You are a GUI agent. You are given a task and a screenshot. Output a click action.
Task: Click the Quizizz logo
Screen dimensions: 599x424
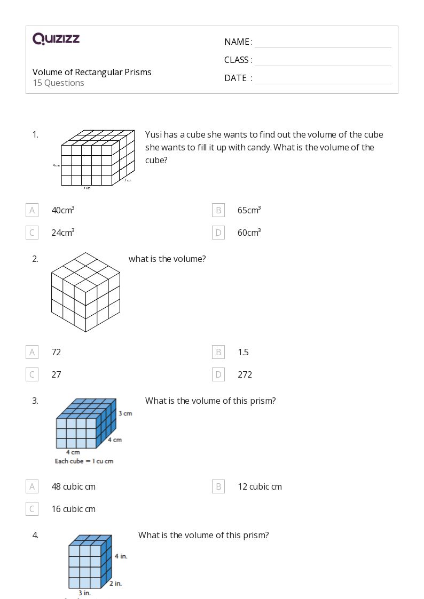[x=56, y=38]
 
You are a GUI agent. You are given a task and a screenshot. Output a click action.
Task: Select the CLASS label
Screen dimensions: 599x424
[x=238, y=60]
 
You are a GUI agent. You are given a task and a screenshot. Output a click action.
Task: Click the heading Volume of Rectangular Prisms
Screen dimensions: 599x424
[x=92, y=72]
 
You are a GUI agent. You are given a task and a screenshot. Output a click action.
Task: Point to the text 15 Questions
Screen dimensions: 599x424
[x=58, y=83]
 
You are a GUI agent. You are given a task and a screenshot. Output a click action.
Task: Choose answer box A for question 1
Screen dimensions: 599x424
[x=32, y=210]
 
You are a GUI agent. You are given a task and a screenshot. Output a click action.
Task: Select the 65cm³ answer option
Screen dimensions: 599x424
[x=249, y=210]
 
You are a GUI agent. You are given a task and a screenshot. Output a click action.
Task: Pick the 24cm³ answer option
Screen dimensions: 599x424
[x=63, y=233]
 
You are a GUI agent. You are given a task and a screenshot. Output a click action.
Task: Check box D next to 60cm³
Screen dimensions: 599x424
[x=218, y=233]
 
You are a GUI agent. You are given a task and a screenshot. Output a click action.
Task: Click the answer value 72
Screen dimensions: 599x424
[x=56, y=352]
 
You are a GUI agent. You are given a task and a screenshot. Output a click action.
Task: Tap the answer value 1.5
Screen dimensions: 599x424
[x=243, y=352]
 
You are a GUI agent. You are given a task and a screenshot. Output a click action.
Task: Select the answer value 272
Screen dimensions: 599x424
[x=245, y=374]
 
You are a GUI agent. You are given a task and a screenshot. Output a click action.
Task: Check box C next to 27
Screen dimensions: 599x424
[x=32, y=374]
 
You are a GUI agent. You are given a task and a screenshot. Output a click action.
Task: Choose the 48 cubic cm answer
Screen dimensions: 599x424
[x=74, y=486]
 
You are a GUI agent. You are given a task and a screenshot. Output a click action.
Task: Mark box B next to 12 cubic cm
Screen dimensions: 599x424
[x=218, y=486]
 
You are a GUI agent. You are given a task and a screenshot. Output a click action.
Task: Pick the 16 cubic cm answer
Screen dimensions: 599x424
[x=74, y=509]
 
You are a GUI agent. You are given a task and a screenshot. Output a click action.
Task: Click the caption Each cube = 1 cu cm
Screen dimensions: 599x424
[x=84, y=461]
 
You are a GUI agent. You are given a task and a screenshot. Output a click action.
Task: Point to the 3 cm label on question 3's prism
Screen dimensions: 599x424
[x=125, y=413]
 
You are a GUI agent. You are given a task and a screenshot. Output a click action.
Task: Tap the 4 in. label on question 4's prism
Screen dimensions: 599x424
[x=121, y=556]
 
